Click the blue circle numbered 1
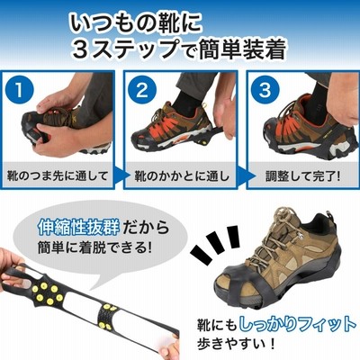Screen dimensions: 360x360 [x=19, y=89]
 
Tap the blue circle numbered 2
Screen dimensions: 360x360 [x=142, y=89]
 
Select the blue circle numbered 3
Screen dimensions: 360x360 [x=265, y=89]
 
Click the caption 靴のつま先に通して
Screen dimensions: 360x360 [x=58, y=175]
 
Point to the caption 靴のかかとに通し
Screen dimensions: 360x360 [x=181, y=175]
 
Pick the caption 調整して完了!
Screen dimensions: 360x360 [x=303, y=175]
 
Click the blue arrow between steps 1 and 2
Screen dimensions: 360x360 [x=120, y=175]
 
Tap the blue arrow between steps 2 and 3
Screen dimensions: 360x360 [x=242, y=175]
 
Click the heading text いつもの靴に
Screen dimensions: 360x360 [x=135, y=22]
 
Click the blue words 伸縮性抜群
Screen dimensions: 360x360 [x=78, y=227]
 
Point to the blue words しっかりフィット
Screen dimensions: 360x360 [x=298, y=325]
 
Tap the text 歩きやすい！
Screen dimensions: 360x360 [x=236, y=343]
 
